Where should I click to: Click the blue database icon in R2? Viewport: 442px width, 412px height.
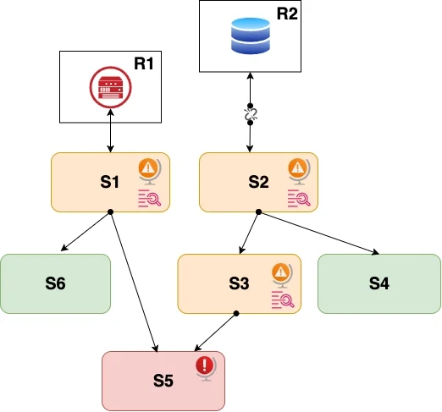tap(251, 36)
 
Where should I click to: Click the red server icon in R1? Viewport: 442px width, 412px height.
tap(110, 87)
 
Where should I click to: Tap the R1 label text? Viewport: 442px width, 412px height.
tap(144, 63)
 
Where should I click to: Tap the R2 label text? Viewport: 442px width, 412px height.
tap(287, 14)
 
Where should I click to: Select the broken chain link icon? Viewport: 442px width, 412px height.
tap(250, 114)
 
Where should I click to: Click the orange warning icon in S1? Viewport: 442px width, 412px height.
tap(150, 172)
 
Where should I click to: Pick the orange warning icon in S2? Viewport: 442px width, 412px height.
tap(299, 172)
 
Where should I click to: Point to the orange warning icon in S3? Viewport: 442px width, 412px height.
tap(282, 275)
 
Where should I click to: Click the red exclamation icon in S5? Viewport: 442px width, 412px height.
tap(206, 369)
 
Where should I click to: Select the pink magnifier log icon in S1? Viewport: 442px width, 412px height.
tap(149, 199)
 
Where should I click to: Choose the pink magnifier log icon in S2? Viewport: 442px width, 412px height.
tap(299, 199)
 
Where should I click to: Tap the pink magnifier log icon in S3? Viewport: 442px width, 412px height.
tap(283, 299)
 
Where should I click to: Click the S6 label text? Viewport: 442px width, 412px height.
tap(55, 283)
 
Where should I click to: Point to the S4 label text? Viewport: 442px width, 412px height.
tap(379, 283)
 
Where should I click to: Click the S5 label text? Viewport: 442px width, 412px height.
tap(163, 381)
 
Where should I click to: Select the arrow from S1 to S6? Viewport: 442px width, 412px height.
tap(86, 231)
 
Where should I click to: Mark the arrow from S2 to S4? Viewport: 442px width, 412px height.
tap(318, 233)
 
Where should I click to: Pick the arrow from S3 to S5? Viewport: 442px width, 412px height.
tap(216, 332)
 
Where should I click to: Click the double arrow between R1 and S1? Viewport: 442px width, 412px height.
tap(110, 130)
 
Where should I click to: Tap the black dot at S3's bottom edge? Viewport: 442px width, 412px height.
tap(236, 313)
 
